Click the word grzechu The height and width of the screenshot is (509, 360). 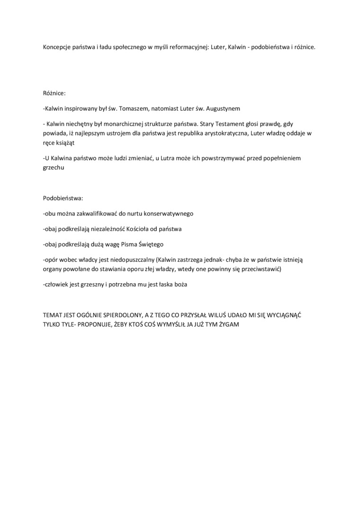pos(54,167)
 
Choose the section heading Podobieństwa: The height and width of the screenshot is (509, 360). pos(63,198)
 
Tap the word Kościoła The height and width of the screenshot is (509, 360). pos(137,229)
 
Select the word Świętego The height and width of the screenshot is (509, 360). pos(151,244)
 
